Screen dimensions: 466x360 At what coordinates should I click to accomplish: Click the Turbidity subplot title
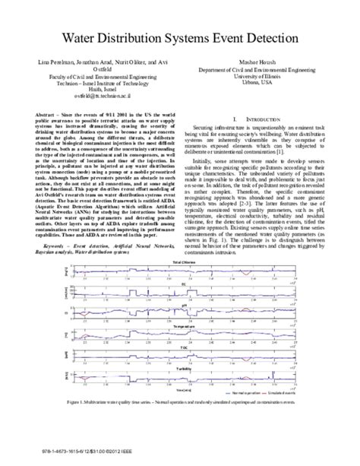click(x=182, y=347)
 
